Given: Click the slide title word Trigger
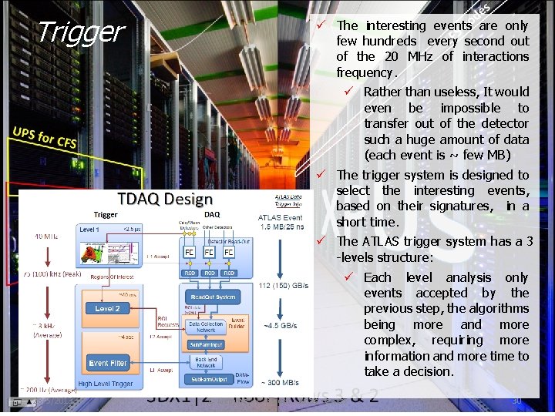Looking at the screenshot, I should pos(80,32).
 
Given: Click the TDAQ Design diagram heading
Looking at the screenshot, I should pos(164,199).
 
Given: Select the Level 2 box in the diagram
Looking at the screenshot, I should pos(108,309).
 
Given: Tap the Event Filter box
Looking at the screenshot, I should pos(108,363).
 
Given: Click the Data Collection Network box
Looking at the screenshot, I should pos(206,327).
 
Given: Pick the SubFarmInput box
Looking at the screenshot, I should pos(206,345).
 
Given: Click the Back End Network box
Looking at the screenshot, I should pos(206,362).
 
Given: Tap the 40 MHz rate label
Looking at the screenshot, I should pos(45,237).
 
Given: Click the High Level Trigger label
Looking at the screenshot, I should pos(106,384).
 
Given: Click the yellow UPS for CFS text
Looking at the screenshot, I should pos(44,137).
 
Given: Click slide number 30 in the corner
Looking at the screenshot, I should pos(516,401).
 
